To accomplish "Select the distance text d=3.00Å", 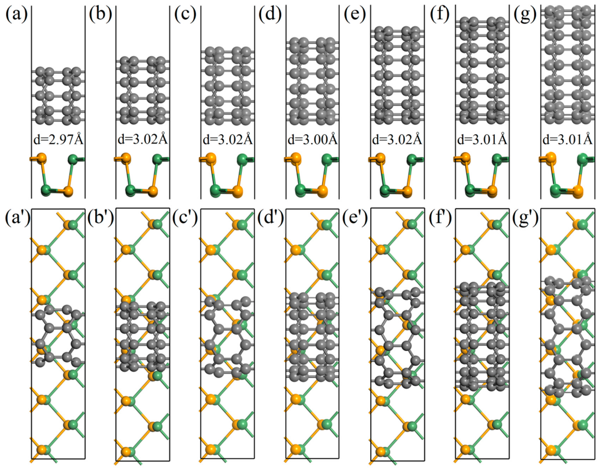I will [313, 140].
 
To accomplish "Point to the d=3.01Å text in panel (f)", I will [482, 140].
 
